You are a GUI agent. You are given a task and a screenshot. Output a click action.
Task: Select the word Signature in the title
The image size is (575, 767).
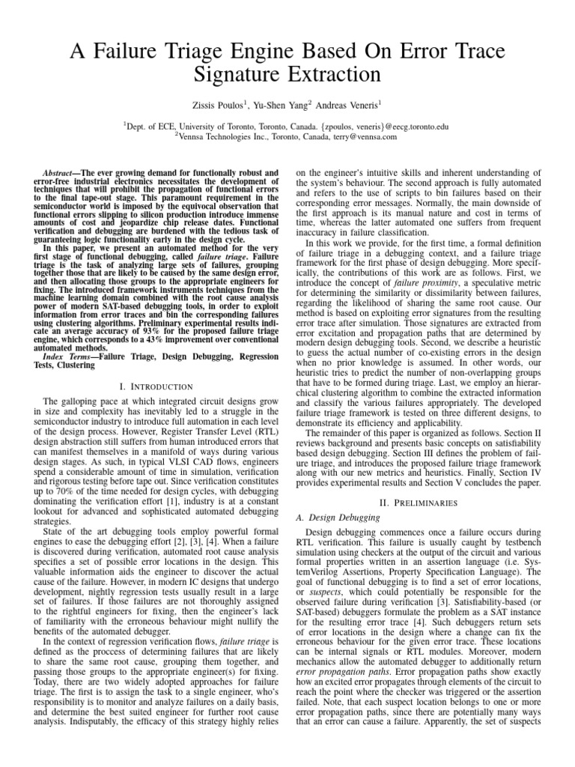pyautogui.click(x=249, y=74)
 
